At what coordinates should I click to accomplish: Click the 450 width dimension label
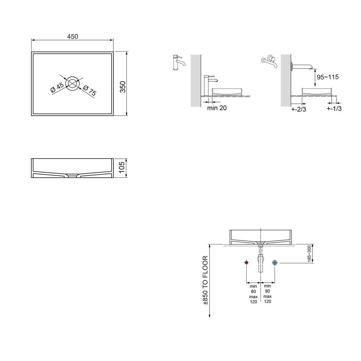tap(72, 36)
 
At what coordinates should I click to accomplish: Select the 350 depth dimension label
tap(123, 87)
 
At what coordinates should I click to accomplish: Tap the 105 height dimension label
tap(122, 167)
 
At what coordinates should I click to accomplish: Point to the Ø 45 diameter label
tap(57, 87)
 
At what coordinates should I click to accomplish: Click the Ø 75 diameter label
tap(90, 90)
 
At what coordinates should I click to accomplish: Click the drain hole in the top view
tap(72, 84)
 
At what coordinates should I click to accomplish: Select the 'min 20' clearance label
tap(217, 108)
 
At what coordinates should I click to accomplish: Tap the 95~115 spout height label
tap(328, 77)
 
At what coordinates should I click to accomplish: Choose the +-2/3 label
tap(299, 109)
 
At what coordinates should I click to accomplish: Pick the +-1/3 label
tap(334, 109)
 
